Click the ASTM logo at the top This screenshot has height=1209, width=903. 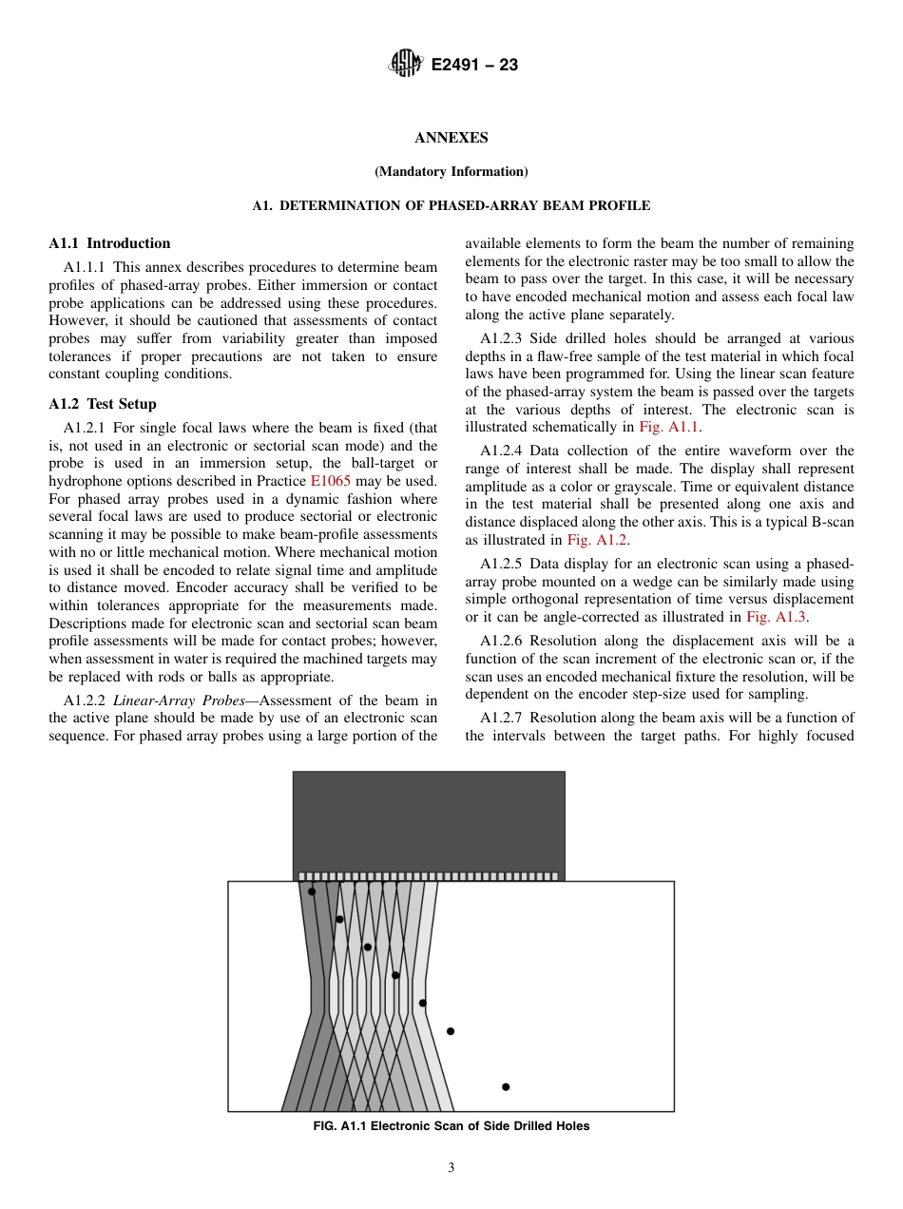click(405, 65)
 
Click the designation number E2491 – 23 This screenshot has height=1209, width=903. click(474, 66)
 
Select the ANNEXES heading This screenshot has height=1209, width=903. click(451, 138)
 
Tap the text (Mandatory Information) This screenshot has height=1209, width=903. click(451, 172)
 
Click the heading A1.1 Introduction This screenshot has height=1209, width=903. click(109, 243)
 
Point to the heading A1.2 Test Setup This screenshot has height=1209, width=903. click(103, 404)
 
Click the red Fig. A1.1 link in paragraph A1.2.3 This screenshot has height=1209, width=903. click(669, 428)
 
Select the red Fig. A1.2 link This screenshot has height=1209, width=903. click(597, 540)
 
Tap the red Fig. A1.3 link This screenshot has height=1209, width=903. click(777, 617)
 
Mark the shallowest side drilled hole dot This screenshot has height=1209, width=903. click(312, 892)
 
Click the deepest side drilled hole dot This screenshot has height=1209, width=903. click(506, 1086)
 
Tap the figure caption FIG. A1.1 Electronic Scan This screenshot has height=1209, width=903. click(451, 1126)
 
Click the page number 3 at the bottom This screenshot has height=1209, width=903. click(451, 1168)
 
